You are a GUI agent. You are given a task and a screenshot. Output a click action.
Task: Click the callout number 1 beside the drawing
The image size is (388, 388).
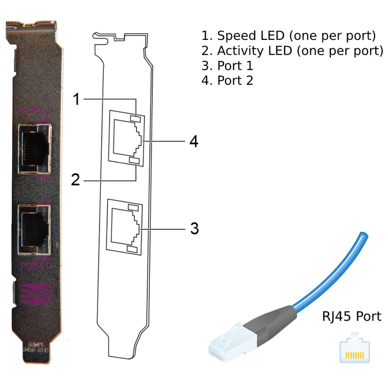76,99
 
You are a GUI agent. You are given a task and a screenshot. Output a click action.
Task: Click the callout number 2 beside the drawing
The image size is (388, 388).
75,180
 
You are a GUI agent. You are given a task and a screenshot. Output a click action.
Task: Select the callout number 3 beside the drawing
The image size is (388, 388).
194,228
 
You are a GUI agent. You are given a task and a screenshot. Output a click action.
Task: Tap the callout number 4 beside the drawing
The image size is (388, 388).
194,141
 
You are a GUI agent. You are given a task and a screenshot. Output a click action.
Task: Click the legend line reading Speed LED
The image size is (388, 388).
289,36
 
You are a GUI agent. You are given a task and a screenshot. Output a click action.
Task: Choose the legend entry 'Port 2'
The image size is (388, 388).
227,81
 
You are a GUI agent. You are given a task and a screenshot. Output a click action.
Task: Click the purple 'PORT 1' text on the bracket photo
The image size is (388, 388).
35,266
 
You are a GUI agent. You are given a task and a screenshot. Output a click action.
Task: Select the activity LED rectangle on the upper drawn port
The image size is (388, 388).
134,161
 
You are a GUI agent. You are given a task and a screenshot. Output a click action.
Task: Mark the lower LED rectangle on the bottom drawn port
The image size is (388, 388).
132,249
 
